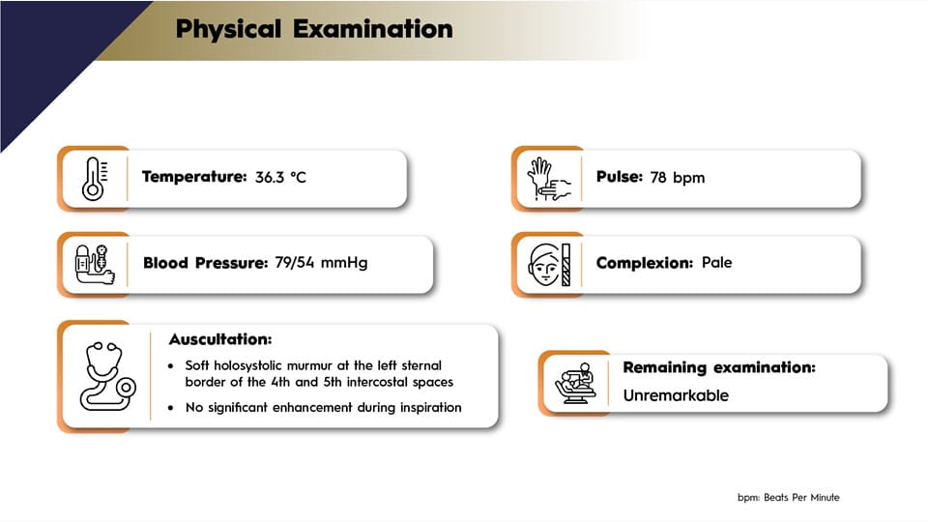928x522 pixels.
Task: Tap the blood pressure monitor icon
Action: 95,265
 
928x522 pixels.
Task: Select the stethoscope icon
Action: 107,376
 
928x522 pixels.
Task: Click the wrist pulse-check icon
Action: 549,179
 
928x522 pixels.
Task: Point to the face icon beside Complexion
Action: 550,265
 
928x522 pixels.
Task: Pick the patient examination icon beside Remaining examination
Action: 574,384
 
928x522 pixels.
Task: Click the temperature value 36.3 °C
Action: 280,178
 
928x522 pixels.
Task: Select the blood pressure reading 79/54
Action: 294,262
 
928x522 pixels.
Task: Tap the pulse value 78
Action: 658,178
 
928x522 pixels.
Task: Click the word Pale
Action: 716,262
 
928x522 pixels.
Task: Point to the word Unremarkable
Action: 676,395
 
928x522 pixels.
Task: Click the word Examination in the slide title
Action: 373,29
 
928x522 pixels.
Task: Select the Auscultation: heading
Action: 220,339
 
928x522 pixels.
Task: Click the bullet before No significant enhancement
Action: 171,408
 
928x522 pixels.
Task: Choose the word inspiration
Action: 431,408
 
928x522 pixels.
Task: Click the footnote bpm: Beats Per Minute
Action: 789,498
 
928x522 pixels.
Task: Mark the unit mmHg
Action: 343,262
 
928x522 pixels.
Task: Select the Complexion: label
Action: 644,263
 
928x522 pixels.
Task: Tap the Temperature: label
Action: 194,177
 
